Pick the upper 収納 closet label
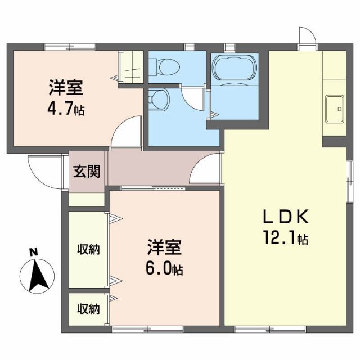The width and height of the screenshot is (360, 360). point(88,249)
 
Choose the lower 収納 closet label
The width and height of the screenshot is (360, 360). point(88,308)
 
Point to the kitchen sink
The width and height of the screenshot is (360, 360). point(335,108)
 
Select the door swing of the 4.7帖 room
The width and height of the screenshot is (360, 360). point(127,132)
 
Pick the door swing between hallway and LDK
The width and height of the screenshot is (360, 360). point(206,170)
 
